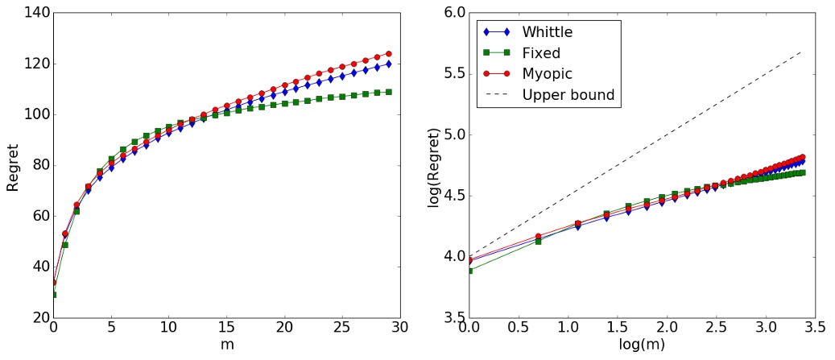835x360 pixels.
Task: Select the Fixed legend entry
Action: [x=540, y=53]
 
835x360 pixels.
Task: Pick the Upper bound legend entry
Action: [x=568, y=95]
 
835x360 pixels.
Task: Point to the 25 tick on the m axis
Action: [x=341, y=330]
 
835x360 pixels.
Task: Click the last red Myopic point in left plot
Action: [x=388, y=54]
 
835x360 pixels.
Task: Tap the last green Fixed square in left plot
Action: [x=388, y=92]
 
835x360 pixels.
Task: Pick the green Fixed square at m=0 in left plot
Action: [x=54, y=295]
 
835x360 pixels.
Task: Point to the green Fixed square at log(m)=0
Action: [x=469, y=271]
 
